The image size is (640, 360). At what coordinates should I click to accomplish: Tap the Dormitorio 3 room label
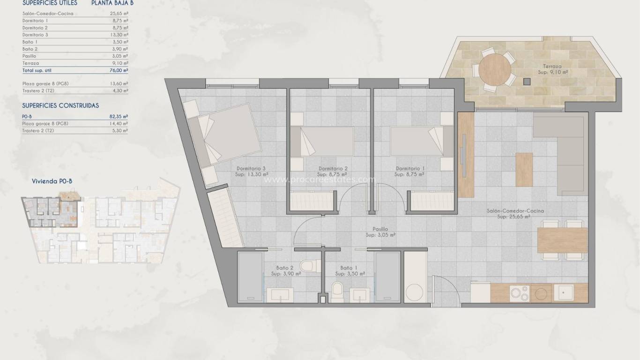[252, 169]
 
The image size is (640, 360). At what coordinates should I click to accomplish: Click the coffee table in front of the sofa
[524, 169]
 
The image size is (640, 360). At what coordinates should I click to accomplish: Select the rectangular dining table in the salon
[562, 240]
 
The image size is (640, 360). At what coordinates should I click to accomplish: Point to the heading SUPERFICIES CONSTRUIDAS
[60, 105]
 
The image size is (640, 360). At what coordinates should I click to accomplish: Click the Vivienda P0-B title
[52, 180]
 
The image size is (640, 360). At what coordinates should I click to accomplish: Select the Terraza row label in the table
[30, 63]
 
